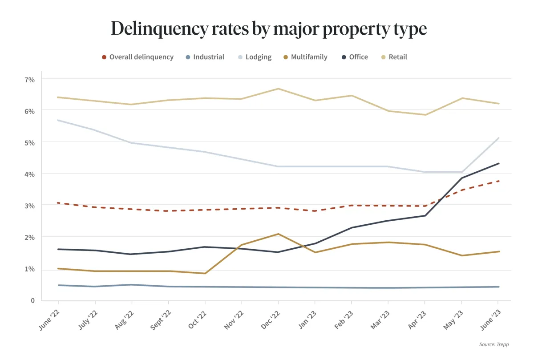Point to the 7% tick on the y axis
point(29,80)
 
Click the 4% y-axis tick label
point(29,174)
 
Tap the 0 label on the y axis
point(32,301)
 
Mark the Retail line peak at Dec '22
point(278,89)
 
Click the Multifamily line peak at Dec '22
point(278,234)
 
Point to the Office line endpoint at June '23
point(498,163)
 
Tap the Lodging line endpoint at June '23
point(498,138)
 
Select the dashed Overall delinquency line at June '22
point(58,203)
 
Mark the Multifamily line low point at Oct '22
point(205,273)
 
